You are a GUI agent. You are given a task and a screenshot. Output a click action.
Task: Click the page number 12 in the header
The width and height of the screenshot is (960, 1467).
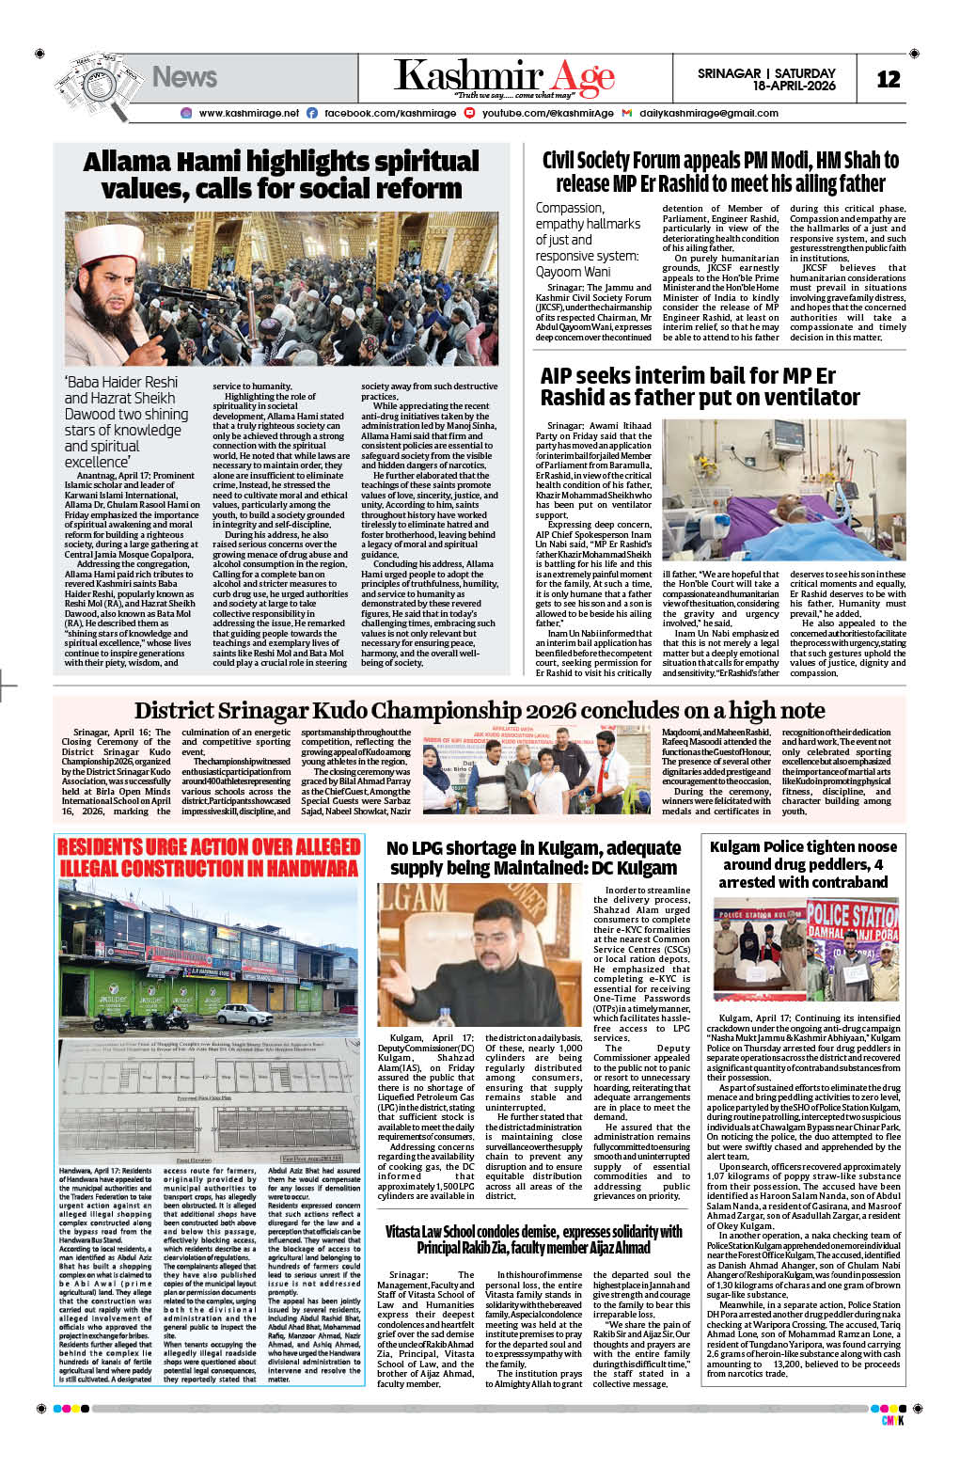pyautogui.click(x=888, y=79)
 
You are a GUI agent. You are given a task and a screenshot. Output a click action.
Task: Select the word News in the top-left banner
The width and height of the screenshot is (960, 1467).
pyautogui.click(x=184, y=77)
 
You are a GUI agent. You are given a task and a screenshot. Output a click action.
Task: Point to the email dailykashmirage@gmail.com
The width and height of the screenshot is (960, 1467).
pyautogui.click(x=708, y=113)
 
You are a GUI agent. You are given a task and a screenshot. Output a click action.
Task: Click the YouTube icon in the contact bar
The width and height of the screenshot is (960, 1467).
pyautogui.click(x=469, y=113)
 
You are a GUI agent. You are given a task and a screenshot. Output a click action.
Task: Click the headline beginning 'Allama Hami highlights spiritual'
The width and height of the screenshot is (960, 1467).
pyautogui.click(x=281, y=175)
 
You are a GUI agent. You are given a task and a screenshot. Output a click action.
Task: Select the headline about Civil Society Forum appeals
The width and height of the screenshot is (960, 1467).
pyautogui.click(x=720, y=172)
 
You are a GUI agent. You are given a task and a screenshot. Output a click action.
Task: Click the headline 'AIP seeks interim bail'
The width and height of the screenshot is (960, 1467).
pyautogui.click(x=700, y=386)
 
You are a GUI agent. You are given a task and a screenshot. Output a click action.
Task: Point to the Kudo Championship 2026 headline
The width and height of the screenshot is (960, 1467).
pyautogui.click(x=480, y=710)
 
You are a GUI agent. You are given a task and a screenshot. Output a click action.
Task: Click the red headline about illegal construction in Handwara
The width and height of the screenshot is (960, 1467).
pyautogui.click(x=209, y=857)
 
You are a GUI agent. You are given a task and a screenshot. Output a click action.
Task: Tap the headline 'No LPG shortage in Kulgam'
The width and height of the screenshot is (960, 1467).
pyautogui.click(x=533, y=857)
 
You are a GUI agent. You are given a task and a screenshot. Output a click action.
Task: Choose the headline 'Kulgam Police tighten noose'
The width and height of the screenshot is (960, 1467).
pyautogui.click(x=803, y=863)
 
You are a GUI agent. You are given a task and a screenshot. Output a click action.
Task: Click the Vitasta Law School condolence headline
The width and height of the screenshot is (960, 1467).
pyautogui.click(x=533, y=1238)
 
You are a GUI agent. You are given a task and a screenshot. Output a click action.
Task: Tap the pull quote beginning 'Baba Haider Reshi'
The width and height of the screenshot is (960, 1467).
pyautogui.click(x=126, y=421)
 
